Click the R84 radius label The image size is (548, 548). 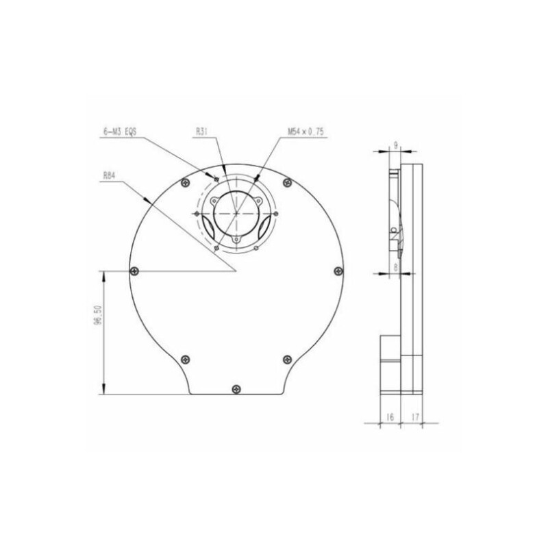[x=110, y=175]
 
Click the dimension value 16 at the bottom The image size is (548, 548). [x=390, y=416]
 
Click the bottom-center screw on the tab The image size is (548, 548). [x=236, y=389]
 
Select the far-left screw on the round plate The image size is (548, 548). [x=134, y=271]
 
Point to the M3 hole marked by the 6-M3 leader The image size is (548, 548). [x=217, y=179]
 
